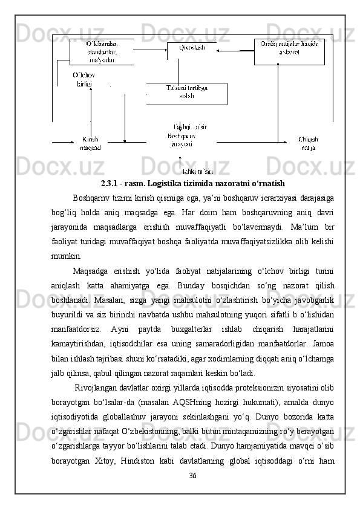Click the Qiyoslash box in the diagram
(191, 48)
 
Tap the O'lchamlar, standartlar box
(102, 52)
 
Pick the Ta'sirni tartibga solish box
(187, 92)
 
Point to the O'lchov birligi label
(83, 79)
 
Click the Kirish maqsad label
(90, 143)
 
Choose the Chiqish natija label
(308, 143)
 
